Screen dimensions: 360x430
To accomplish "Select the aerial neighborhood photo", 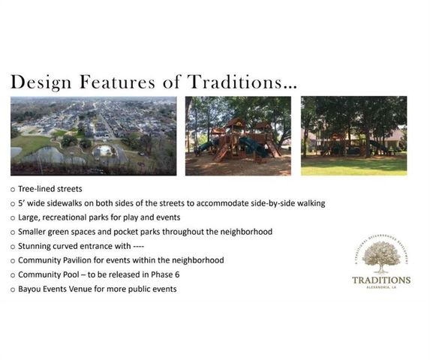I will pyautogui.click(x=94, y=136).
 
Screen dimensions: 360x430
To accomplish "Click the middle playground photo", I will pyautogui.click(x=238, y=136).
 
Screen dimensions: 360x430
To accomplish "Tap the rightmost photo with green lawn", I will pyautogui.click(x=353, y=136).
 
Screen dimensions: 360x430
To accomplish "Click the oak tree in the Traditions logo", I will pyautogui.click(x=381, y=256).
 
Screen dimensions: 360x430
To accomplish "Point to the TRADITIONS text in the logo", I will pyautogui.click(x=381, y=280).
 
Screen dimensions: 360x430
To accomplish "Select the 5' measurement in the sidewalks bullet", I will pyautogui.click(x=22, y=204).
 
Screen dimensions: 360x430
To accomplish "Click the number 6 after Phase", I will pyautogui.click(x=177, y=274).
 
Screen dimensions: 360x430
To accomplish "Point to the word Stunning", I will pyautogui.click(x=35, y=246).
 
